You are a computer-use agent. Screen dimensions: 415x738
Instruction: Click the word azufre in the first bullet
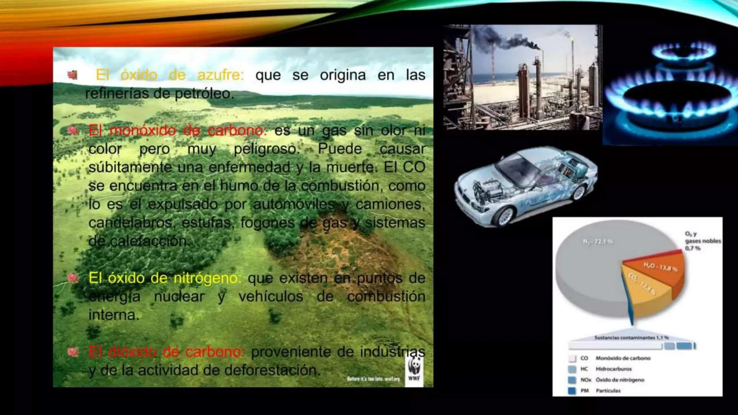coord(220,75)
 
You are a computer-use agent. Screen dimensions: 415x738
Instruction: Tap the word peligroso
coord(266,149)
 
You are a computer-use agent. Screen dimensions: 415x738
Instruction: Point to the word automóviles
coord(294,204)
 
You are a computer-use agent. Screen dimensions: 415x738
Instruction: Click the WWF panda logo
coord(414,367)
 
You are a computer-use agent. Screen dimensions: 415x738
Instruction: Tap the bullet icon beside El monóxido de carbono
coord(73,131)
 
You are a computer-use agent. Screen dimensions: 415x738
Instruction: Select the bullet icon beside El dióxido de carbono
coord(73,352)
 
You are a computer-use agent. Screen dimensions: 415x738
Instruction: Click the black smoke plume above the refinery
coord(500,40)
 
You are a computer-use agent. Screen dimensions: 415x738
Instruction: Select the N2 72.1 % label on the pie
coord(598,242)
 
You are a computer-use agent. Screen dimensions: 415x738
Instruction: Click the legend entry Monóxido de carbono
coord(623,358)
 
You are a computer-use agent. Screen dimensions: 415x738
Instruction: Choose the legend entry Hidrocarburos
coord(613,369)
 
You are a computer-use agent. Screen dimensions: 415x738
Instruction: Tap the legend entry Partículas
coord(608,391)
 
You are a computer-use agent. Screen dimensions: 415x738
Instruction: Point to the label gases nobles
coord(703,241)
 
